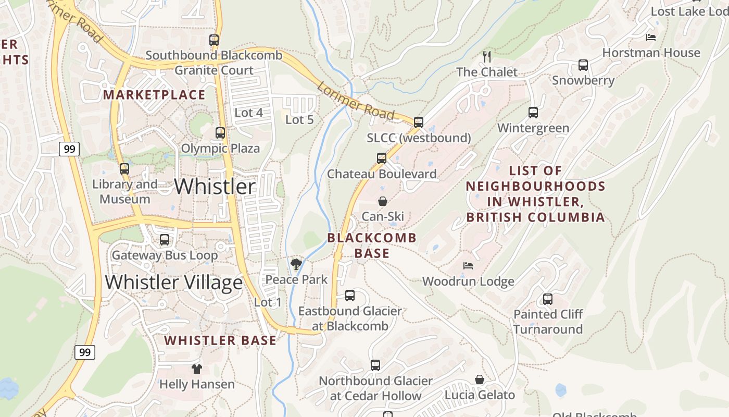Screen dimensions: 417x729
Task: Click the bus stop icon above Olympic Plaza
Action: (220, 133)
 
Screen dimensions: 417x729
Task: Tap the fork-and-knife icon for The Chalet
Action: (487, 56)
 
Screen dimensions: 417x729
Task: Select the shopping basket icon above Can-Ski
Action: (383, 201)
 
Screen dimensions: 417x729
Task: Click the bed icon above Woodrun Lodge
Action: (468, 266)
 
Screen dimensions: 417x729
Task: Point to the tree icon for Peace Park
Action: (296, 264)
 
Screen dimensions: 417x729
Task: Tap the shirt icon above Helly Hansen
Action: (196, 369)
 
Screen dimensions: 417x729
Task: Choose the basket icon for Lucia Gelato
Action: (480, 379)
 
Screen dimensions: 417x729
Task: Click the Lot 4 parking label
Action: (248, 113)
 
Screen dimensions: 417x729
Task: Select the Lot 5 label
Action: (299, 119)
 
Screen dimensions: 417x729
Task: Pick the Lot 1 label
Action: (268, 302)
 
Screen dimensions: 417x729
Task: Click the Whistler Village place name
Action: (174, 282)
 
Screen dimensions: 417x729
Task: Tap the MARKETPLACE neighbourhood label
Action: (154, 94)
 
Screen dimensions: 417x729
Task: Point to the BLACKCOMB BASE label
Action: (372, 246)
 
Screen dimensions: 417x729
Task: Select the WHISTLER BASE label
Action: (220, 340)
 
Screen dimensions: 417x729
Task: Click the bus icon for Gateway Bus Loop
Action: (165, 240)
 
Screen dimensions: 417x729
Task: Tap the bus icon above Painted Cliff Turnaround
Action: (548, 299)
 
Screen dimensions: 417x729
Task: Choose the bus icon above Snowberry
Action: (583, 65)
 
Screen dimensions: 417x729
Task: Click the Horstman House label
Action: (651, 53)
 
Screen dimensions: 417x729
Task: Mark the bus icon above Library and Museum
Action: (124, 169)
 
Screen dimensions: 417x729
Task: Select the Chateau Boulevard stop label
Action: (382, 174)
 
